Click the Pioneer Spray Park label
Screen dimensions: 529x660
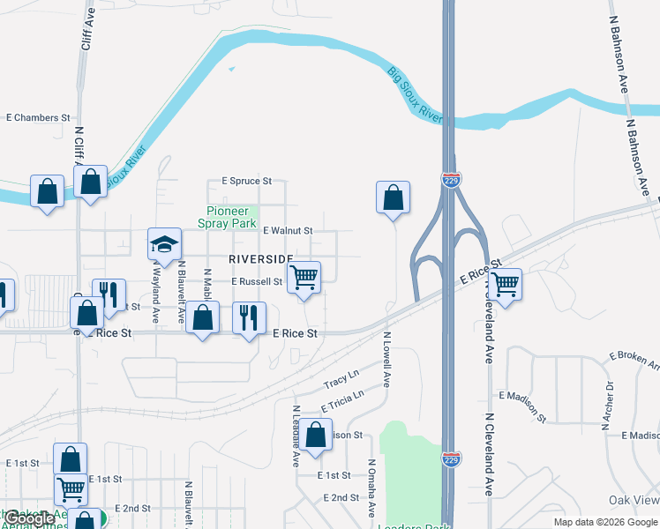[x=231, y=217]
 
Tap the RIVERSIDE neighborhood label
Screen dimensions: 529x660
[x=261, y=259]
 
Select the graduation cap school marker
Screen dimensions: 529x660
[x=164, y=246]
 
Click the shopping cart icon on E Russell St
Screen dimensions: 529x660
[x=304, y=279]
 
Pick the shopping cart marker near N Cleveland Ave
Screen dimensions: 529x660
[x=505, y=286]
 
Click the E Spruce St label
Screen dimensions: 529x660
[x=247, y=181]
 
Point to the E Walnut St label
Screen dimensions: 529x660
[x=287, y=231]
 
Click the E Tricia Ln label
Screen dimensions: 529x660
[x=342, y=402]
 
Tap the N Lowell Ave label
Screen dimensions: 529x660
[x=386, y=359]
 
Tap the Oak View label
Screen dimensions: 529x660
[x=634, y=500]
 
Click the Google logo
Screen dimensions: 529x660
[x=30, y=519]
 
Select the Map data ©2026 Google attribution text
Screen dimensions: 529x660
[x=604, y=522]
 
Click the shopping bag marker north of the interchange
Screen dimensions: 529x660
[x=393, y=198]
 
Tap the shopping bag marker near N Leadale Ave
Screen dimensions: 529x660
[x=316, y=436]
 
